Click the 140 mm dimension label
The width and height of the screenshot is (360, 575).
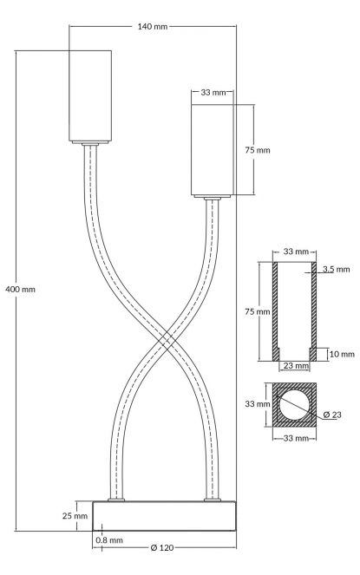153,26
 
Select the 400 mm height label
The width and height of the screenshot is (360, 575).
21,290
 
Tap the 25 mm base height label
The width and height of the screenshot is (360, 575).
75,516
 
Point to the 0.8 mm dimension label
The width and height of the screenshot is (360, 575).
109,539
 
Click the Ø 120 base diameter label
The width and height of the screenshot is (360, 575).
162,548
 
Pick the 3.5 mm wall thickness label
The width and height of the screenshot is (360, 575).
337,270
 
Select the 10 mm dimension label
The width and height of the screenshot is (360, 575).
342,354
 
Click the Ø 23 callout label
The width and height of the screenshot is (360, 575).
332,415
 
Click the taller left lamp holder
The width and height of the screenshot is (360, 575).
90,96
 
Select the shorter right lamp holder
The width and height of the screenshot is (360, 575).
212,150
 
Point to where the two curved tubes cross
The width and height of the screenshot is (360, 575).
165,340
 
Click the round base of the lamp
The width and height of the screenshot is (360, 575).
164,516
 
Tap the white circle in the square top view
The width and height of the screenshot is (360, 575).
294,404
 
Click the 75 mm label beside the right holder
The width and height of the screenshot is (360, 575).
258,150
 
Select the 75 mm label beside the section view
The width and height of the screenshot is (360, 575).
258,311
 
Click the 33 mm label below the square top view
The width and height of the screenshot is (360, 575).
296,438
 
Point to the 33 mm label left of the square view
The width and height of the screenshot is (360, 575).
258,404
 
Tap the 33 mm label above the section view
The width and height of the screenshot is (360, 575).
296,252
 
